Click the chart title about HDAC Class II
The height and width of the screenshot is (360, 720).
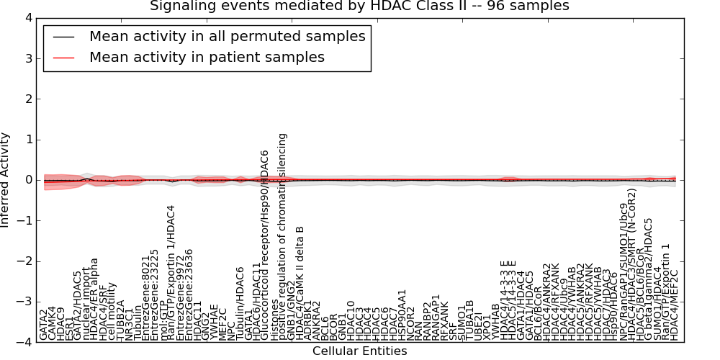(x=359, y=6)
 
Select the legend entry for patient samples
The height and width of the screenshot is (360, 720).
(x=207, y=57)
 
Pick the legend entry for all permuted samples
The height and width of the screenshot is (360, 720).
(x=227, y=36)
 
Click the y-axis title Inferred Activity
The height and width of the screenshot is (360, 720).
(x=6, y=180)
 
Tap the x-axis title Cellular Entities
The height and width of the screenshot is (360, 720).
(x=359, y=351)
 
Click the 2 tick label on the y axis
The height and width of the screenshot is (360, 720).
(x=27, y=99)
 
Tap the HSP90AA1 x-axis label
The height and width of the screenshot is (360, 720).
(x=403, y=315)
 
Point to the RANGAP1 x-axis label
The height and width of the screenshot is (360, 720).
(x=436, y=318)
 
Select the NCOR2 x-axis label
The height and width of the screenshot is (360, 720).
(x=411, y=324)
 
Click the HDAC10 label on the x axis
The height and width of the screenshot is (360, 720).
(x=351, y=320)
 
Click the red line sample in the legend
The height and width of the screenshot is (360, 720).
(x=63, y=57)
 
